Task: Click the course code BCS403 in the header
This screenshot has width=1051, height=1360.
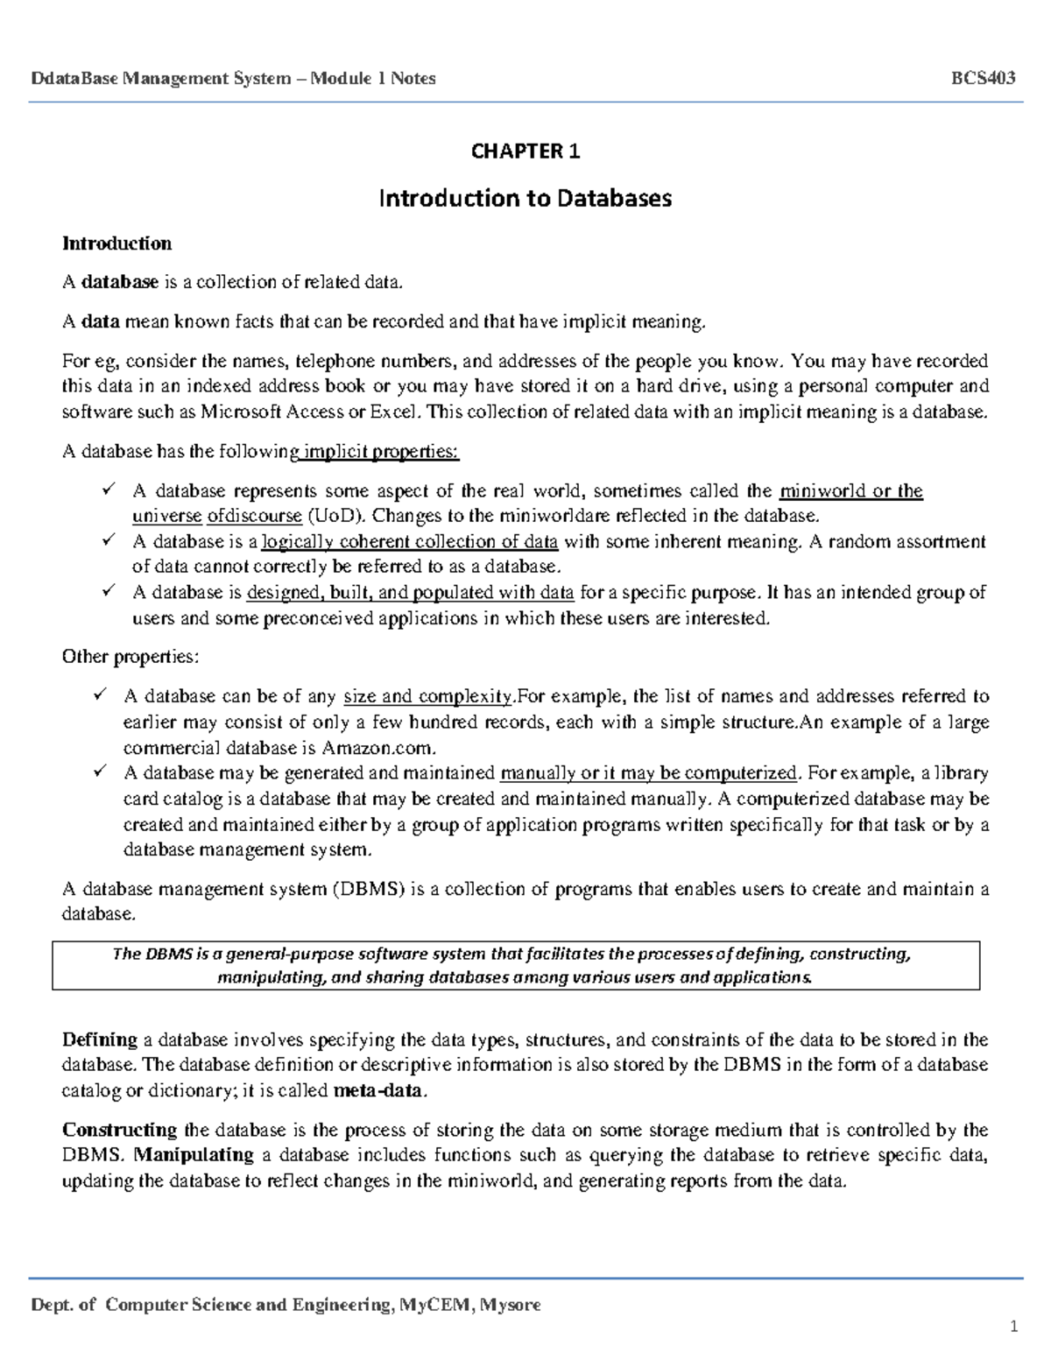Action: [983, 78]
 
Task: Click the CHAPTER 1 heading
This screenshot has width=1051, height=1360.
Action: [525, 152]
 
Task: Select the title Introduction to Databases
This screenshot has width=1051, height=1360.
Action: [525, 198]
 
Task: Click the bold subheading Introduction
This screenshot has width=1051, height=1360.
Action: [116, 243]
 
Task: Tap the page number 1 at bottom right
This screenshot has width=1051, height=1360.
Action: [1013, 1327]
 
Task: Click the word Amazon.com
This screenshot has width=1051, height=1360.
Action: [377, 748]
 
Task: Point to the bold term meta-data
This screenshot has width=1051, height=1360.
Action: [378, 1091]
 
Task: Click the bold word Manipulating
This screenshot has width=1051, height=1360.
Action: [194, 1155]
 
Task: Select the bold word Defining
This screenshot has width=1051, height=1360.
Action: [100, 1040]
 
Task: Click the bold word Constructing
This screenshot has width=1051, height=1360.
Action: [120, 1130]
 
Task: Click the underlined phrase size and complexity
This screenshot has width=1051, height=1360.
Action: [427, 697]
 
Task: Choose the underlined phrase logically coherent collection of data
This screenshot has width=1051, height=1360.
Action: [410, 542]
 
